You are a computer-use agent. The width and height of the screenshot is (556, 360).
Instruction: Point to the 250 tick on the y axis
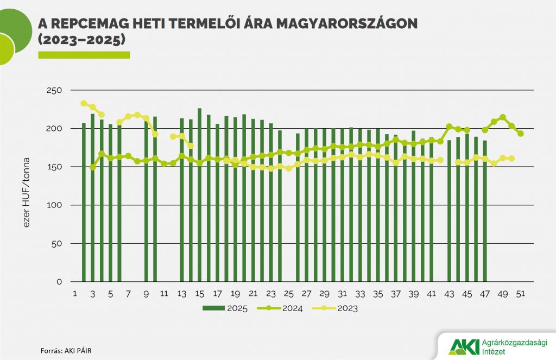coord(55,90)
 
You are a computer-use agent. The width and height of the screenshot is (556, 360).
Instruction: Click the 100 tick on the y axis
coord(55,205)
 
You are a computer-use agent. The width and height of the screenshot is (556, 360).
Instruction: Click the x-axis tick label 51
coord(520,294)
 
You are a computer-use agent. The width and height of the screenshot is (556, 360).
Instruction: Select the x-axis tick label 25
coord(289,294)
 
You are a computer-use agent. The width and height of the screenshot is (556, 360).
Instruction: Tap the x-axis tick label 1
coord(75,294)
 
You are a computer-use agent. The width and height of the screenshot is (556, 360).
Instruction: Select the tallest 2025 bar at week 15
coord(199,195)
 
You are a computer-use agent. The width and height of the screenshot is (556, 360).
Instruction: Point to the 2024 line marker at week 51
coord(520,134)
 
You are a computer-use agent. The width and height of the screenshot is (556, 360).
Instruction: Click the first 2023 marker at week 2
coord(84,103)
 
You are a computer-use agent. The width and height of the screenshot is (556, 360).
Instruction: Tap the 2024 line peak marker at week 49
coord(503,117)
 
